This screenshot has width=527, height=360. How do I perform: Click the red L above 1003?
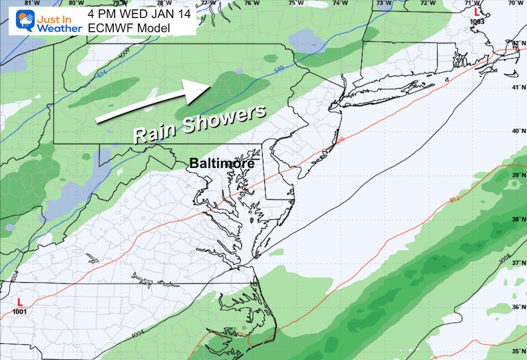[476, 12]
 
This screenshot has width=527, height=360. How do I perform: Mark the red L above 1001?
[20, 302]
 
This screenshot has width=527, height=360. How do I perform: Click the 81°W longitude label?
[28, 4]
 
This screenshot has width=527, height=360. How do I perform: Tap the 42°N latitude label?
[517, 43]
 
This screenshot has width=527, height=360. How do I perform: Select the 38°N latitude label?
[517, 219]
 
